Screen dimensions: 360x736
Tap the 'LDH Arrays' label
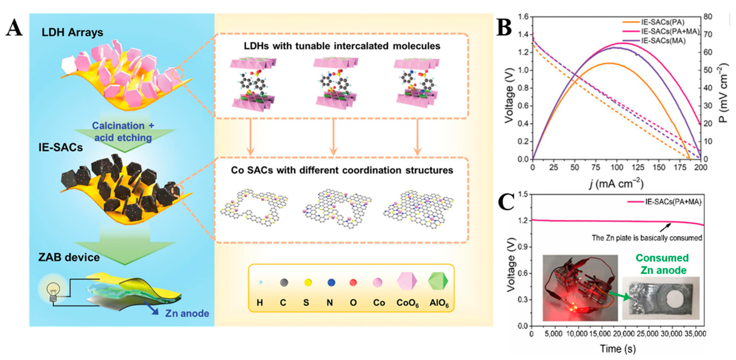click(72, 32)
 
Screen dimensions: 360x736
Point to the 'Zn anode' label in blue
click(187, 313)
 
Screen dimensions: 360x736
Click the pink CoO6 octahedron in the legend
click(407, 281)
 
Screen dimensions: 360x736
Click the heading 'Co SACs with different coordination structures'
click(342, 170)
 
